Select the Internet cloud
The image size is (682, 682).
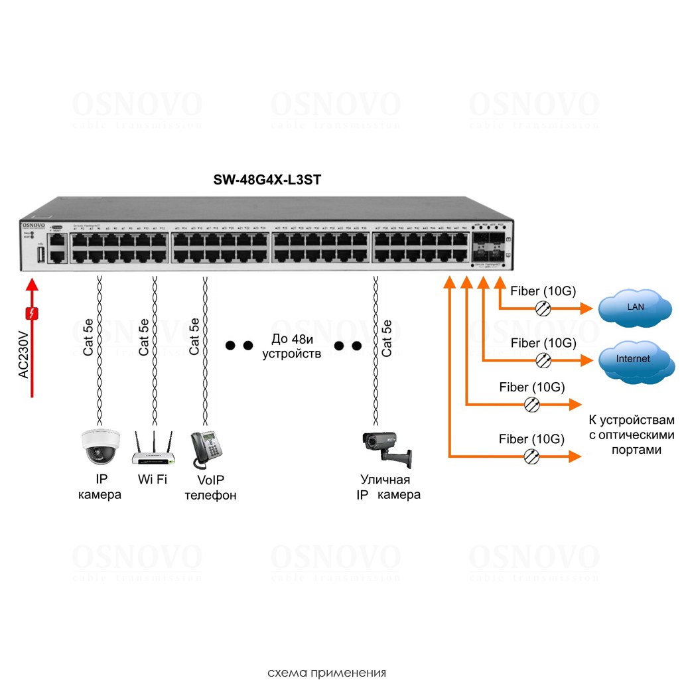coord(633,359)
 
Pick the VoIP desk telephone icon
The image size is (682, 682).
coord(207,449)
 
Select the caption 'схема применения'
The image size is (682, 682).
coord(326,673)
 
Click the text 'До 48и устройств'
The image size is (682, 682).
coord(291,346)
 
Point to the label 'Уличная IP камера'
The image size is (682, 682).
coord(388,487)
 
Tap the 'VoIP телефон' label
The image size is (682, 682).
coord(210,488)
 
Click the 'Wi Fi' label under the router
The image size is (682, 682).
coord(152,479)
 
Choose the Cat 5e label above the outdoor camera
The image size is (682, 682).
coord(387,337)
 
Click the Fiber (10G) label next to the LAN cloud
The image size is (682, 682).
coord(542,291)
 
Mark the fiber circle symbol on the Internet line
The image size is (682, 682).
coord(543,359)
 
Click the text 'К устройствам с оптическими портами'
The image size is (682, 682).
coord(631,435)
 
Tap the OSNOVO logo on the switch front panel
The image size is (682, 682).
coord(33,227)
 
